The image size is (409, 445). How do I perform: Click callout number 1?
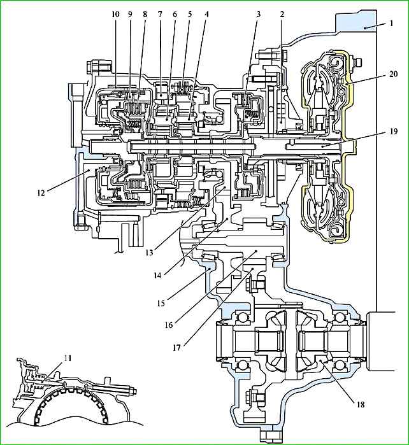391,23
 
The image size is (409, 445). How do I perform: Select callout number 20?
393,74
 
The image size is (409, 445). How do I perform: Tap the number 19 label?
394,132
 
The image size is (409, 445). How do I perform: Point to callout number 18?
361,404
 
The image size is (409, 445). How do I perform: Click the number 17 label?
176,348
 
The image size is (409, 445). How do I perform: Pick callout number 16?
169,325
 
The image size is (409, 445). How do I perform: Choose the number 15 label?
161,303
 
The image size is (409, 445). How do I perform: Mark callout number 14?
157,275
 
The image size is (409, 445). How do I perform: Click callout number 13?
150,252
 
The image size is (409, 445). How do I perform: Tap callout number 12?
41,193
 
